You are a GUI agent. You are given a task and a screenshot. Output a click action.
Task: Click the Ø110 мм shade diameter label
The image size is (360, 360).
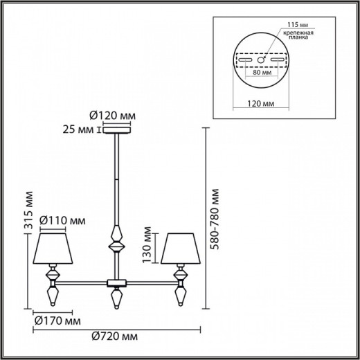coord(63,220)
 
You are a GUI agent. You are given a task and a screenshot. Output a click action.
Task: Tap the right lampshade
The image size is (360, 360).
coord(183,247)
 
